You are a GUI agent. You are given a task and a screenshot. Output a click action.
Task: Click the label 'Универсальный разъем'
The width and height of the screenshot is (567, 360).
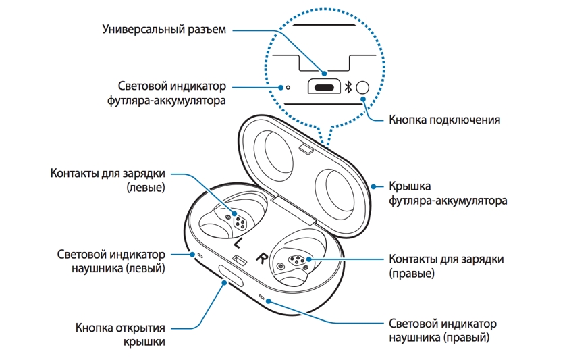click(x=164, y=29)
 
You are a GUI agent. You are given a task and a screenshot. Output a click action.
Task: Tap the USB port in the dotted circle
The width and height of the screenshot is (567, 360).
click(x=324, y=87)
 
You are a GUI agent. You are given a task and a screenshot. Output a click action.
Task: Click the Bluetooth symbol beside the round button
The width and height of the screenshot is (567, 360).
click(x=348, y=87)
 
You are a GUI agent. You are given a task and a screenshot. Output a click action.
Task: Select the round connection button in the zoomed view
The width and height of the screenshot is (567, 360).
click(x=362, y=88)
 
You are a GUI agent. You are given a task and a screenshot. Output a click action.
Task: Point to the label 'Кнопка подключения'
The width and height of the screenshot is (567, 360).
click(x=444, y=120)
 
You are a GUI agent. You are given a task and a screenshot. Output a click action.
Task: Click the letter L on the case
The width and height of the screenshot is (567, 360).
click(x=237, y=242)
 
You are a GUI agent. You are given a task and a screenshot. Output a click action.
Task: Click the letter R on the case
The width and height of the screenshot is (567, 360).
click(x=262, y=257)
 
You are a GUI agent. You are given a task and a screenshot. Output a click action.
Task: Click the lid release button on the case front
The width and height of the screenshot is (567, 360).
click(x=230, y=276)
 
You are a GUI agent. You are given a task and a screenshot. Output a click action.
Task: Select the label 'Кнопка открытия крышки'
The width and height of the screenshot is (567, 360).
click(x=120, y=335)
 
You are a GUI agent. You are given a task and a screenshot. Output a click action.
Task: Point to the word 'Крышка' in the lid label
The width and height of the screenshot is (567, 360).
click(x=410, y=186)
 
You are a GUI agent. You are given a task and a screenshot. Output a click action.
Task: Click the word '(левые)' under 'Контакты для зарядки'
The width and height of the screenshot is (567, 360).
click(x=146, y=187)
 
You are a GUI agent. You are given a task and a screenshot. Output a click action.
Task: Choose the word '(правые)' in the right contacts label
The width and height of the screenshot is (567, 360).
click(x=412, y=273)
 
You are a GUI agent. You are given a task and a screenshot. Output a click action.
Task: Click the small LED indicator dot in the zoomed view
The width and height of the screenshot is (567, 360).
click(x=288, y=88)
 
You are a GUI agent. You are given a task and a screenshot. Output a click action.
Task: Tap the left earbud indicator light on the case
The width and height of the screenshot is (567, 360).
click(x=200, y=255)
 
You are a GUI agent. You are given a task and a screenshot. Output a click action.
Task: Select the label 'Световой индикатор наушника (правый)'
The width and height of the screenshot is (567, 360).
click(x=443, y=330)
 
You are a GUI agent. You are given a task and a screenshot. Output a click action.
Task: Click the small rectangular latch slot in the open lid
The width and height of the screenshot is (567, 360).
click(x=306, y=149)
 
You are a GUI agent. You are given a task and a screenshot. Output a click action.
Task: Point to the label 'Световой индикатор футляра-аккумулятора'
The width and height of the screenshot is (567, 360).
click(x=166, y=93)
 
